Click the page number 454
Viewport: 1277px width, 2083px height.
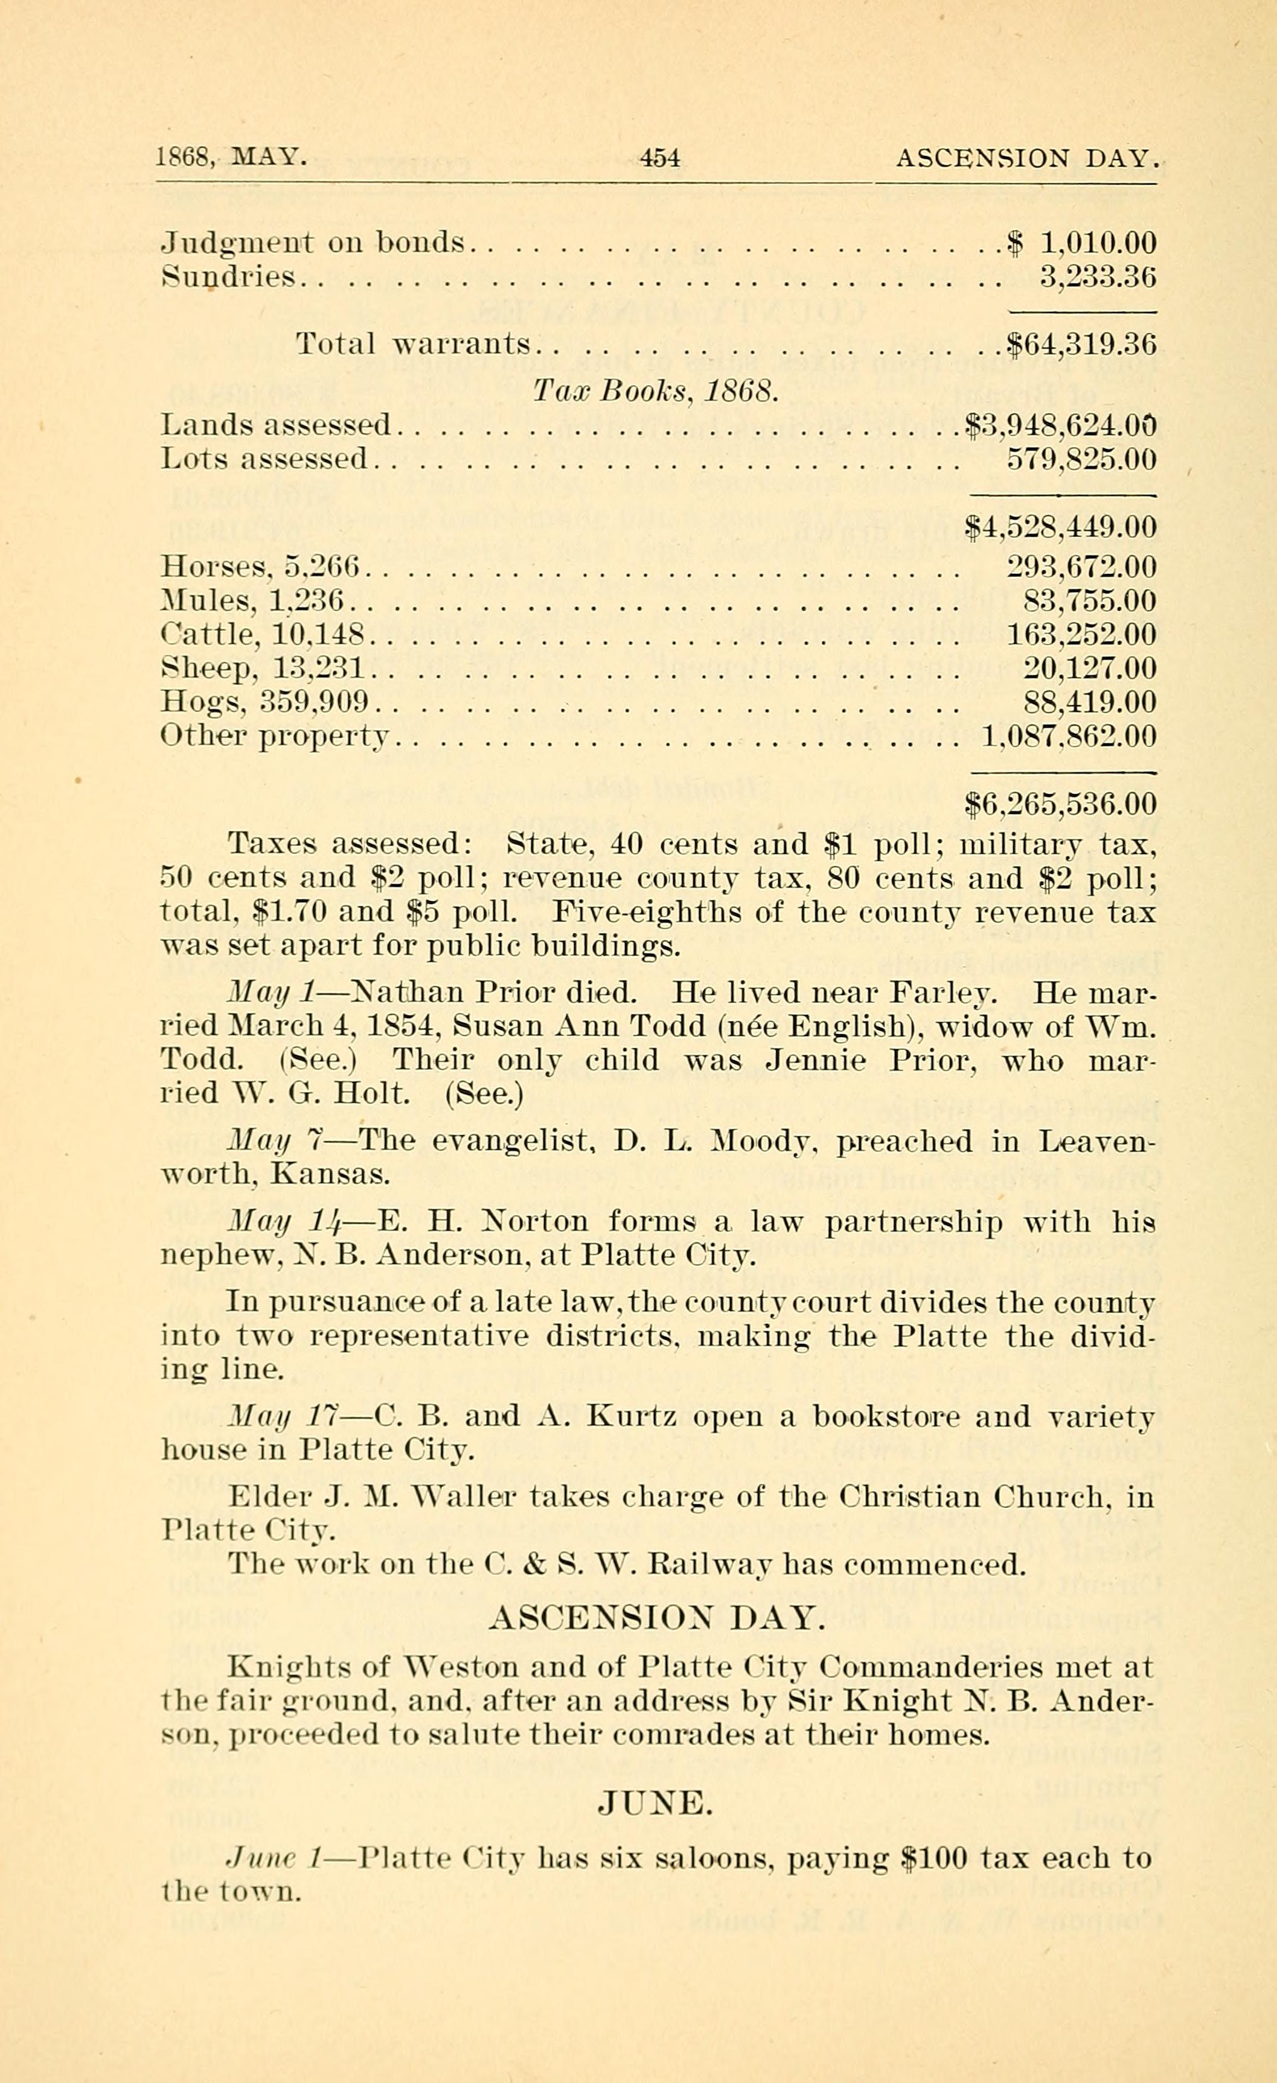pyautogui.click(x=660, y=158)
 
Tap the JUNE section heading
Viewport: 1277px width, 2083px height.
pyautogui.click(x=656, y=1805)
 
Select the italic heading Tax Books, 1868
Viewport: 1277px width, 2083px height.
pyautogui.click(x=655, y=390)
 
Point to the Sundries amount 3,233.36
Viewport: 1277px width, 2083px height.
pyautogui.click(x=1097, y=278)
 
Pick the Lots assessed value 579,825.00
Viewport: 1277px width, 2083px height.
pyautogui.click(x=1081, y=459)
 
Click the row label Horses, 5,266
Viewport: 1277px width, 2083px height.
pyautogui.click(x=260, y=567)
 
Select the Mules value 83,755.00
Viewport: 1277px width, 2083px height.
pyautogui.click(x=1089, y=601)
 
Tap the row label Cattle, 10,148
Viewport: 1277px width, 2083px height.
pyautogui.click(x=262, y=635)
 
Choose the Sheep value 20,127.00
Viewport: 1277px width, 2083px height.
pyautogui.click(x=1089, y=669)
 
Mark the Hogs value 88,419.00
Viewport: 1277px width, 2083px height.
pyautogui.click(x=1089, y=702)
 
